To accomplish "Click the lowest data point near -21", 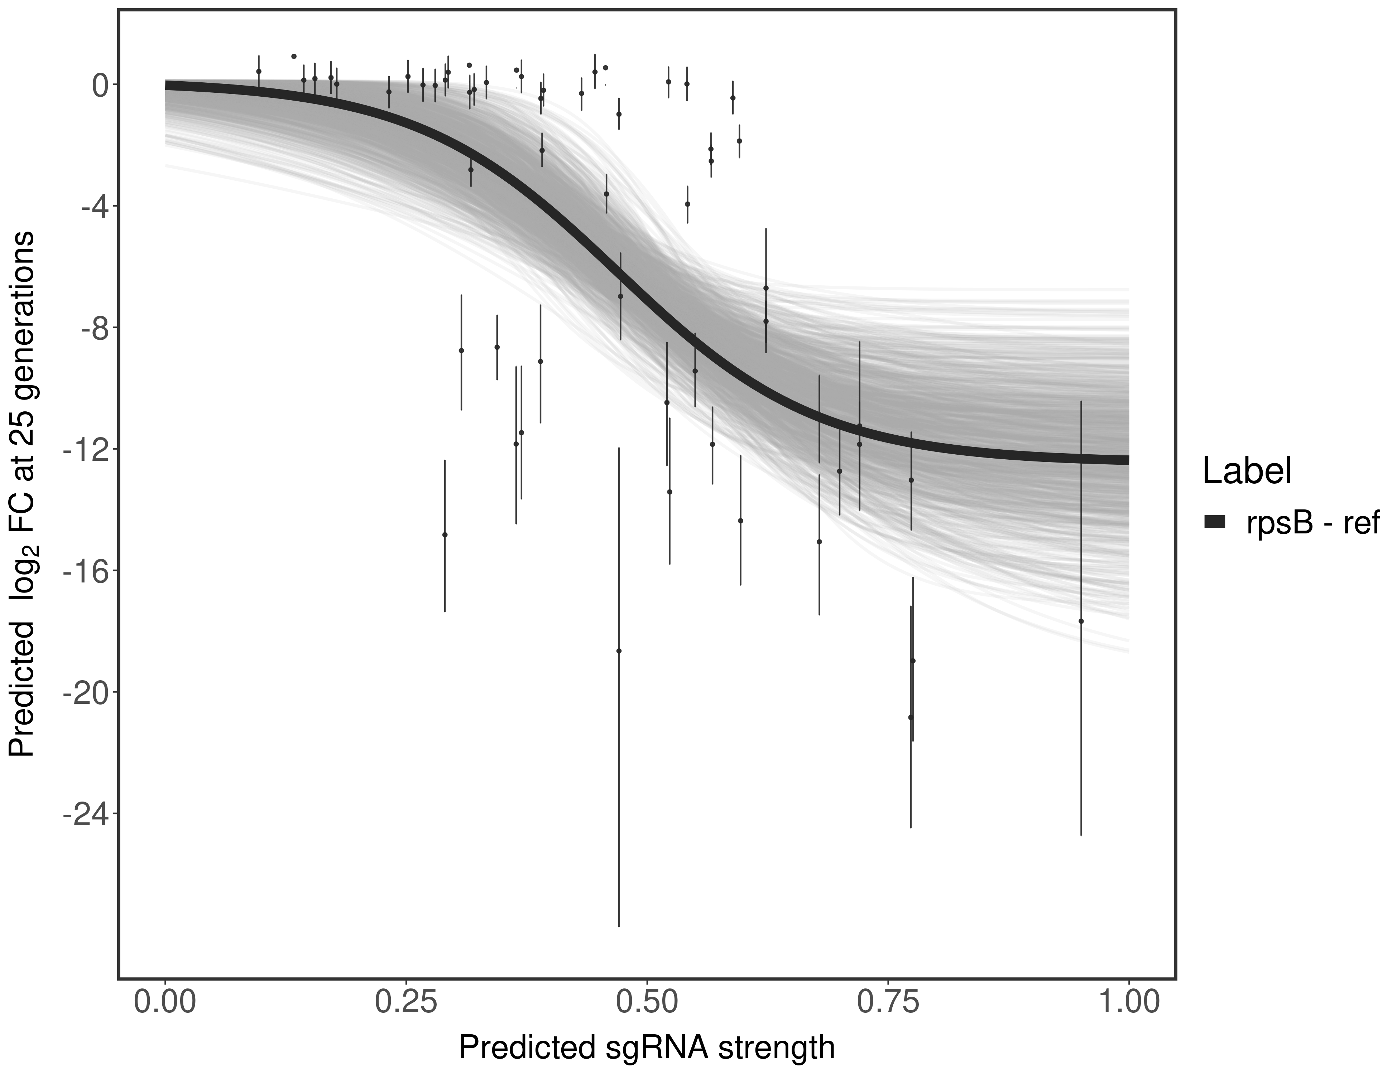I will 910,717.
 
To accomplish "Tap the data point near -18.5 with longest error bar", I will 619,651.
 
